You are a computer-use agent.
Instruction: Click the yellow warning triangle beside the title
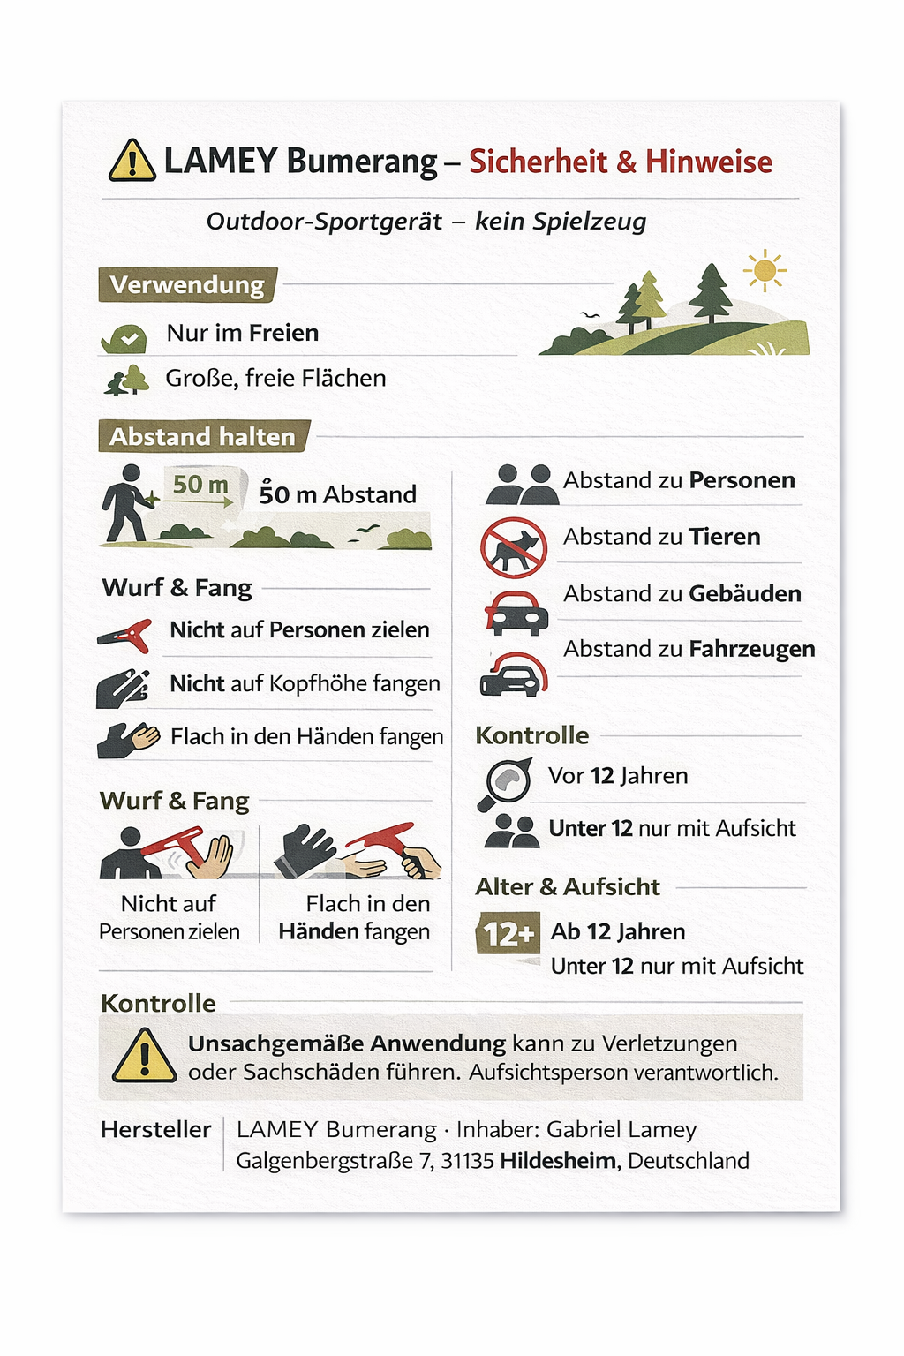pos(132,161)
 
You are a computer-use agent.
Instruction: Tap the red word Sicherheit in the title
pos(538,162)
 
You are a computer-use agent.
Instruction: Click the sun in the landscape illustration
pos(765,270)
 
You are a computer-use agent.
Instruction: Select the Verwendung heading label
pos(187,285)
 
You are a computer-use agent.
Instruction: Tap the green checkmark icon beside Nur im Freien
pos(124,336)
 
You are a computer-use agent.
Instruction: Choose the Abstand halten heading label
pos(203,436)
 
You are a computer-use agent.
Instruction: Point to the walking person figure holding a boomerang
pos(126,501)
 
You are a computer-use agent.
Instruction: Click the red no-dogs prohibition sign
pos(514,547)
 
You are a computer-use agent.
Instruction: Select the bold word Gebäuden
pos(744,593)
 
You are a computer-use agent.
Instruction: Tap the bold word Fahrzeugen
pos(751,649)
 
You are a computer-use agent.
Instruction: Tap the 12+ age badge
pos(508,934)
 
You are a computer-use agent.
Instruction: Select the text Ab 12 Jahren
pos(618,931)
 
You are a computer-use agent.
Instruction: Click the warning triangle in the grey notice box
pos(144,1056)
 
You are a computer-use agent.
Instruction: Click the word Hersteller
pos(156,1129)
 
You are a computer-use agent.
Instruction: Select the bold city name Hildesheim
pos(560,1160)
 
